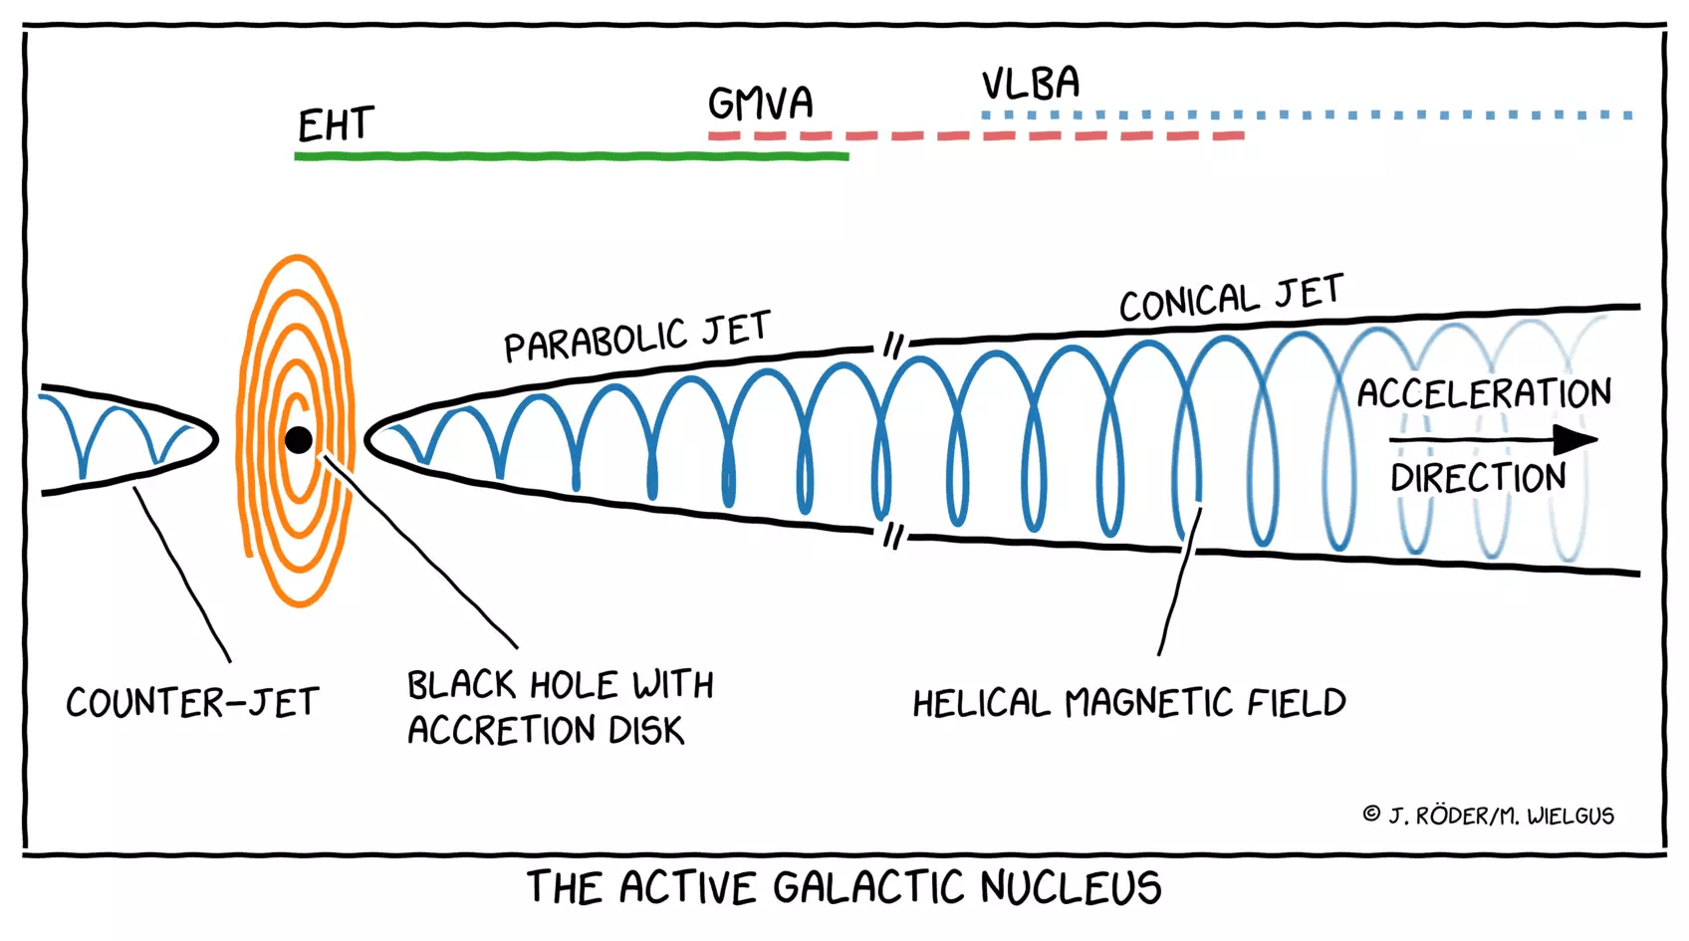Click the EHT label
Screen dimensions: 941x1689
336,125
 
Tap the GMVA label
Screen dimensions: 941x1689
760,104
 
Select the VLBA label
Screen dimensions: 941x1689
1030,84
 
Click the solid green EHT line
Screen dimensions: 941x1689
571,156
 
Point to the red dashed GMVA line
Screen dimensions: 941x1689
976,135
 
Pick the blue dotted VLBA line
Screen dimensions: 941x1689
1305,116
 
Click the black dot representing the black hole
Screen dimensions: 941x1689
298,439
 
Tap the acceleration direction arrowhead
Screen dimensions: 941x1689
1575,439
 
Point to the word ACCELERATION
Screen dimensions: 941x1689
1484,393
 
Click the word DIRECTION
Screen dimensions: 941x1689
1478,478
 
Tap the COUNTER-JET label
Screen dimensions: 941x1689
192,703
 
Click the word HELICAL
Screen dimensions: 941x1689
980,704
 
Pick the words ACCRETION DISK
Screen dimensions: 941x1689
546,731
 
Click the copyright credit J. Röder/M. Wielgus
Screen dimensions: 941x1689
1489,816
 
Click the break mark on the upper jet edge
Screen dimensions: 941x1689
893,346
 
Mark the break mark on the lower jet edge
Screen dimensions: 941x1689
892,536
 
